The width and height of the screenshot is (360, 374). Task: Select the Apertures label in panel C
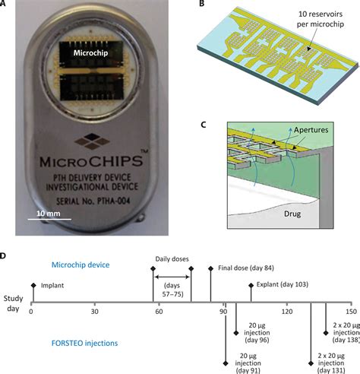[x=313, y=130]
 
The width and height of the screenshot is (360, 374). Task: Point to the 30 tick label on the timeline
[x=94, y=312]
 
